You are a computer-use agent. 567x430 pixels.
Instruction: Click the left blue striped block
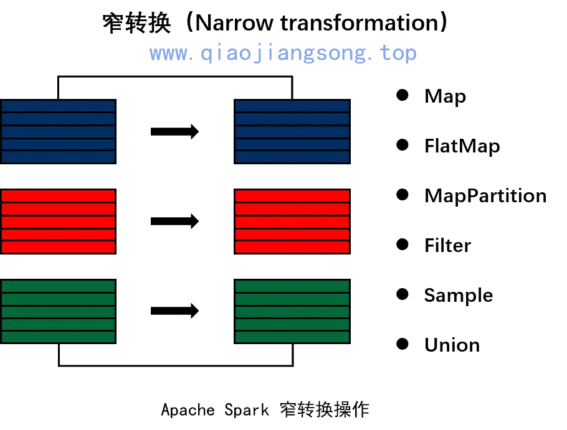pos(58,129)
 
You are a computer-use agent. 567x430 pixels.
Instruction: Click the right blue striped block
pos(290,129)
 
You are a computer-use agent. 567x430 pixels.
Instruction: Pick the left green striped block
pos(58,311)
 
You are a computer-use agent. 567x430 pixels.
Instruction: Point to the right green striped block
pos(290,311)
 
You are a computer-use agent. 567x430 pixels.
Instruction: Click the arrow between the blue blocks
pos(174,131)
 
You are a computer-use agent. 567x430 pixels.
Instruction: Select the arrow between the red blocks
pos(174,220)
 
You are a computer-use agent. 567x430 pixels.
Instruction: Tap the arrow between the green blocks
pos(174,310)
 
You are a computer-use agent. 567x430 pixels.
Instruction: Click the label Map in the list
pos(445,96)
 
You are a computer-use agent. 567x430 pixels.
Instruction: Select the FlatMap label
pos(462,146)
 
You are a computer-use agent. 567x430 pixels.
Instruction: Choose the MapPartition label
pos(485,195)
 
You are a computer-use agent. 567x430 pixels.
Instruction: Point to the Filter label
pos(447,245)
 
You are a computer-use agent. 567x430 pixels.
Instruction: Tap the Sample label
pos(458,294)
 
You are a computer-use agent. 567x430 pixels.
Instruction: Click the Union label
pos(452,344)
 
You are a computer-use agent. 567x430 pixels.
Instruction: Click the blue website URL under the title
pos(283,54)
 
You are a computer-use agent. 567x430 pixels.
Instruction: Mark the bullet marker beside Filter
pos(401,245)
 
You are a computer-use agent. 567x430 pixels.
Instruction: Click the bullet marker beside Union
pos(401,343)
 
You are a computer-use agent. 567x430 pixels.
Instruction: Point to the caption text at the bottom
pos(264,409)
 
